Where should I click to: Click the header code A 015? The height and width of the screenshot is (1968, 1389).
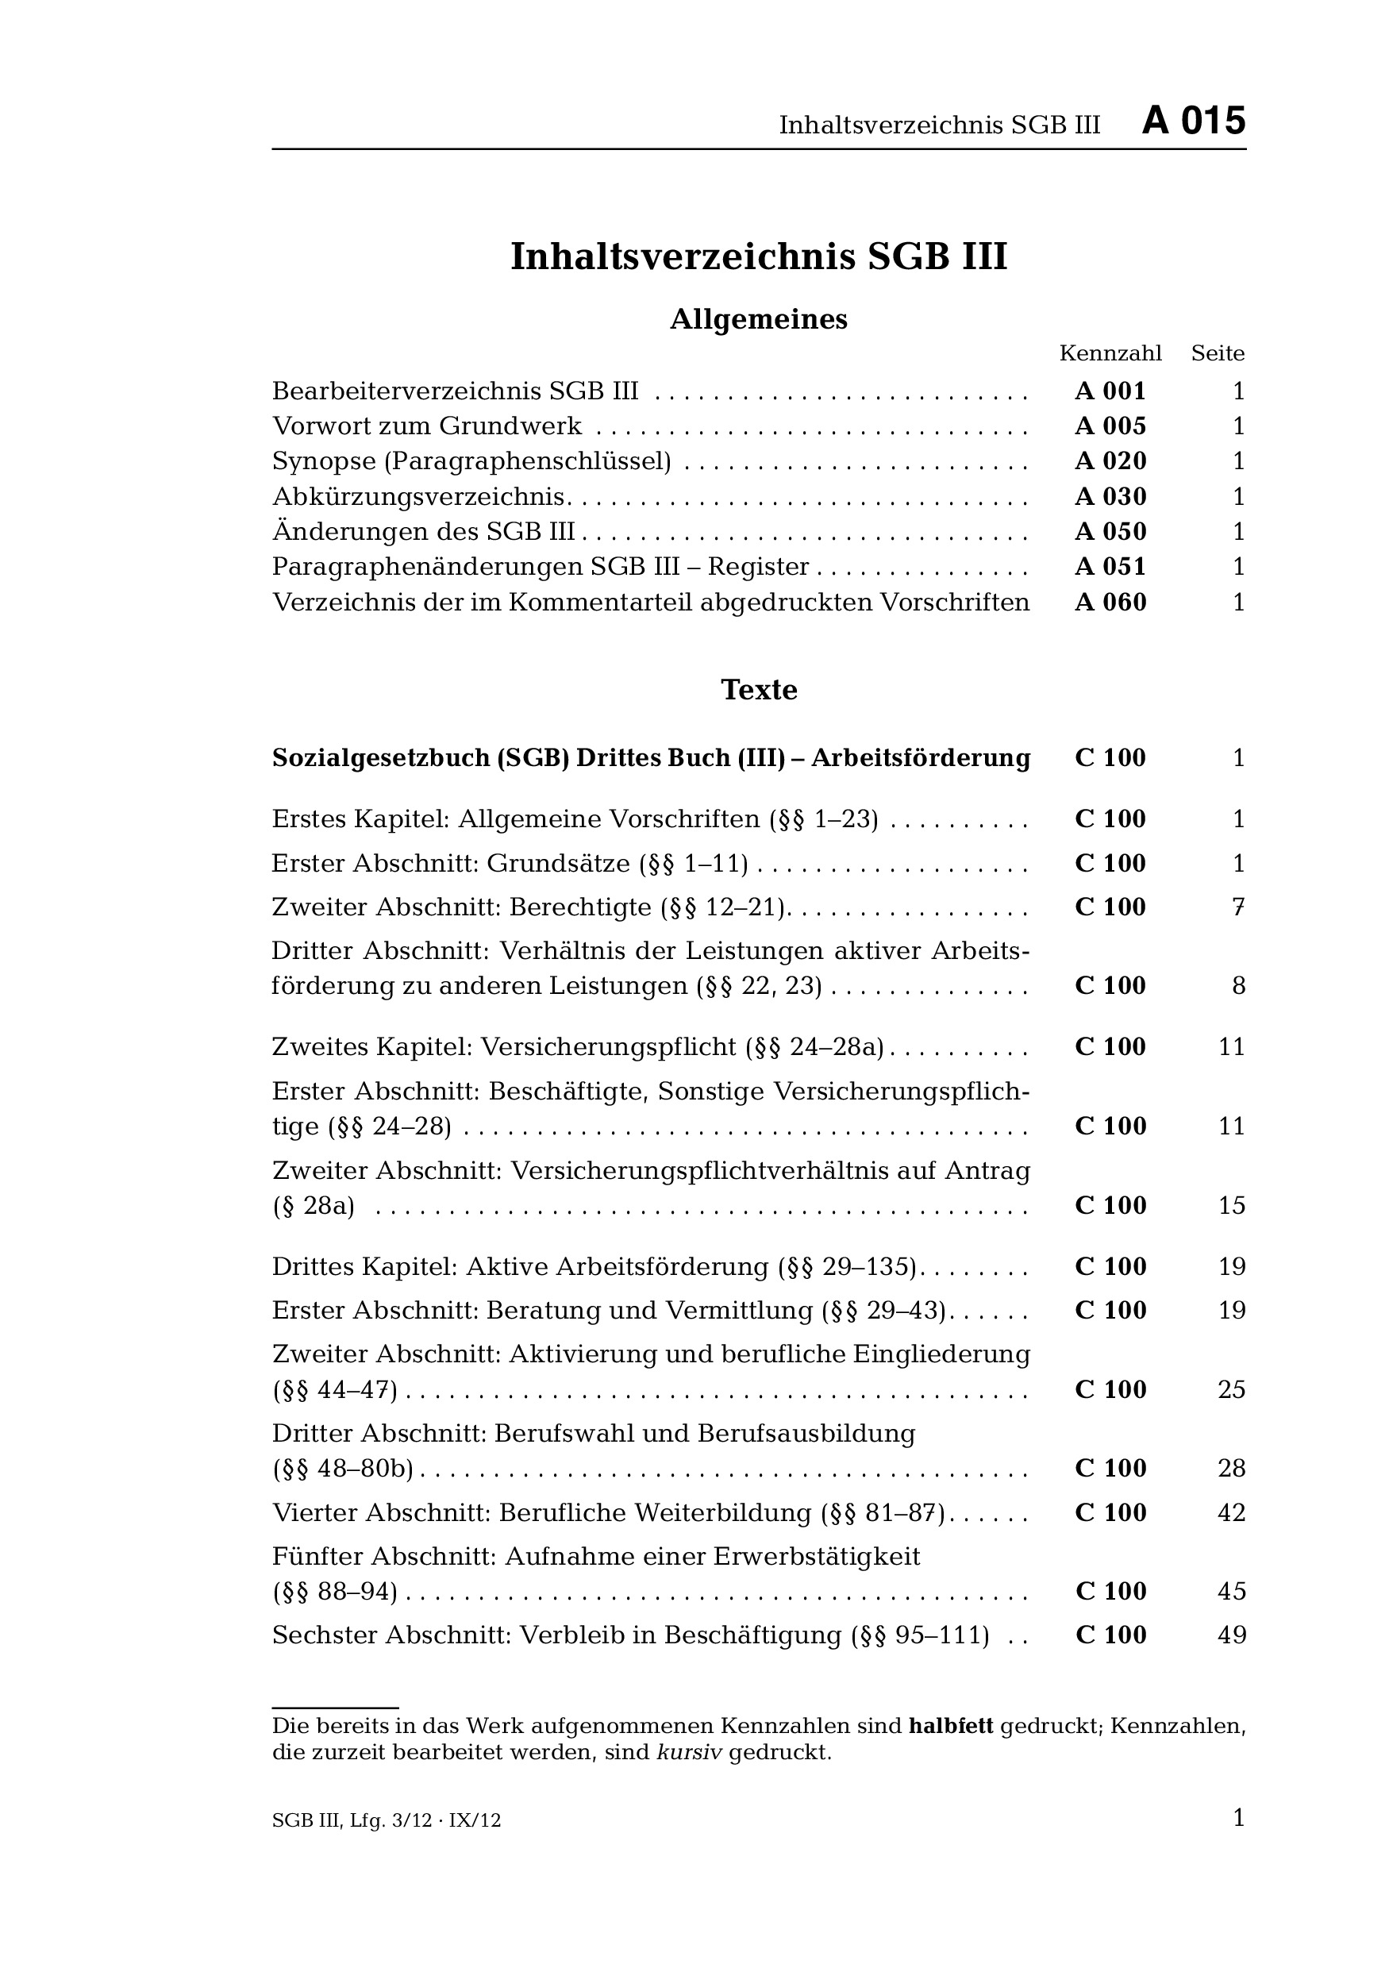pyautogui.click(x=1193, y=121)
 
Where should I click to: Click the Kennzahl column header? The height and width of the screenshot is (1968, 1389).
pyautogui.click(x=1110, y=353)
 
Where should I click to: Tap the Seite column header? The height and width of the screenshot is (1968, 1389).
pyautogui.click(x=1217, y=353)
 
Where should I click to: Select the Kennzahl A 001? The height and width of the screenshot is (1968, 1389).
pyautogui.click(x=1110, y=391)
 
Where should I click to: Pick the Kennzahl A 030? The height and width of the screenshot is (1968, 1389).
pyautogui.click(x=1110, y=497)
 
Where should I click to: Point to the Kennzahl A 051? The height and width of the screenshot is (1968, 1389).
pyautogui.click(x=1110, y=567)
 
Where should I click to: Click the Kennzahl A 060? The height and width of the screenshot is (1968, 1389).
pyautogui.click(x=1110, y=603)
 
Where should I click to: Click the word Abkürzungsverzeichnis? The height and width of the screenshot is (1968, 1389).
pyautogui.click(x=418, y=497)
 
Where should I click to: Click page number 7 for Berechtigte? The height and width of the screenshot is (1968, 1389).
pyautogui.click(x=1237, y=907)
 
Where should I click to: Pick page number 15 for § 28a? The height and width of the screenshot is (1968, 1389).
pyautogui.click(x=1231, y=1206)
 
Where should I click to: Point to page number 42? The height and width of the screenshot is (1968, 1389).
pyautogui.click(x=1231, y=1513)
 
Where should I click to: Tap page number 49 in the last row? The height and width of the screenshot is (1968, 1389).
pyautogui.click(x=1231, y=1635)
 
